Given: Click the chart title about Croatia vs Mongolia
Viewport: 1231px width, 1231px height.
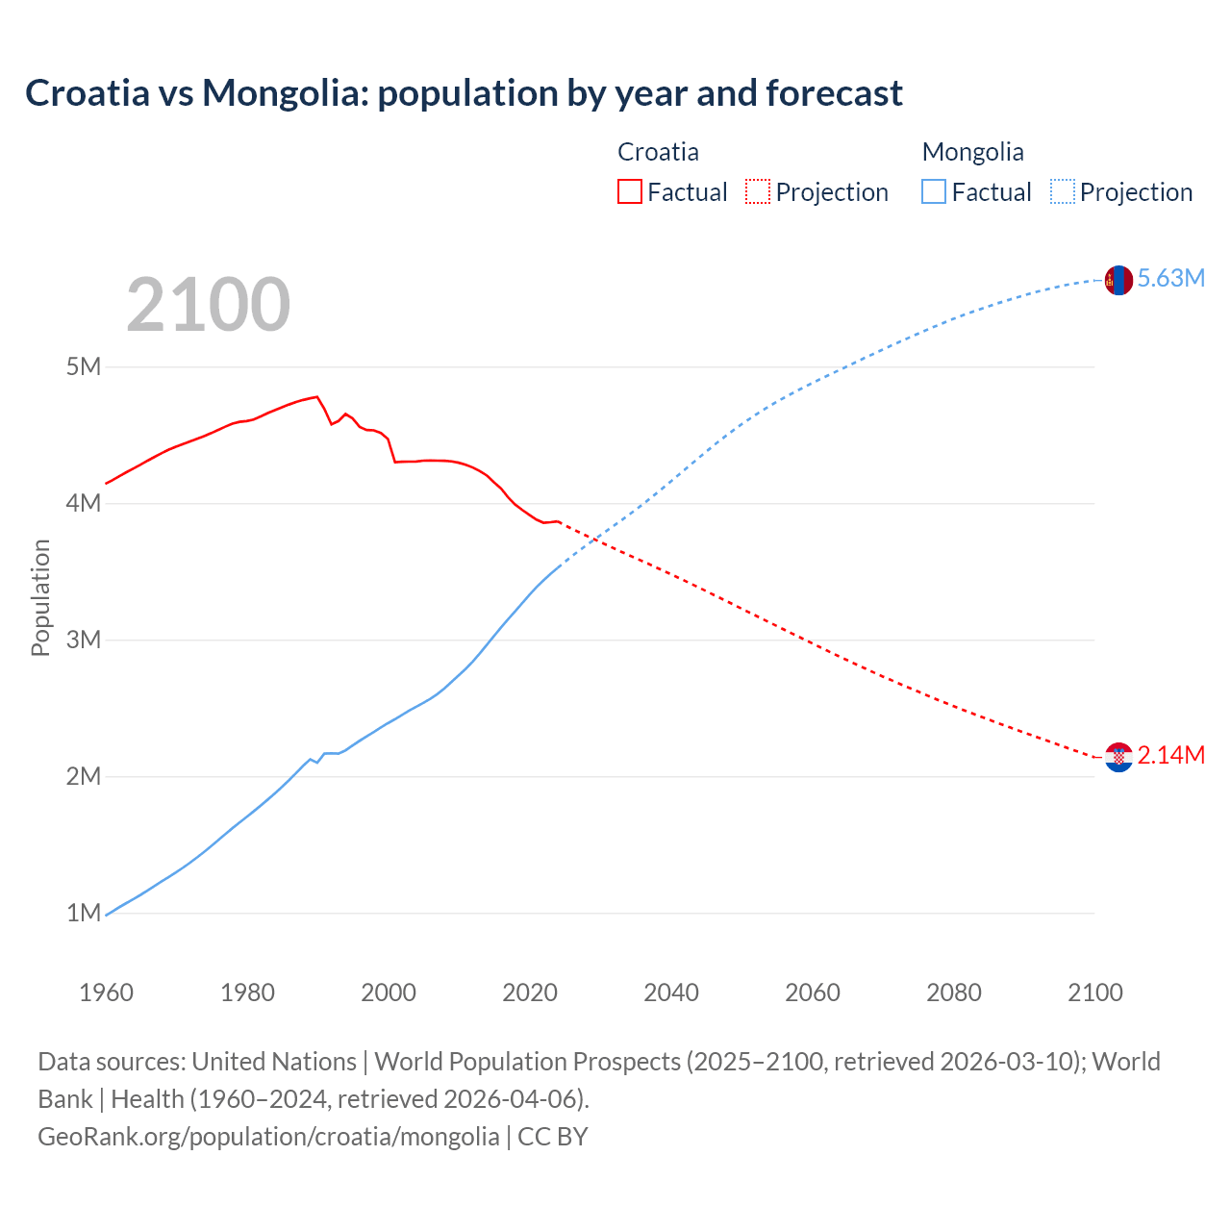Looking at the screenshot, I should [464, 93].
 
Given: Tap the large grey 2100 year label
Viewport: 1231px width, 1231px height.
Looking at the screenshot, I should [208, 305].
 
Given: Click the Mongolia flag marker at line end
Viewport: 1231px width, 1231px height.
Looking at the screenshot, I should [1118, 280].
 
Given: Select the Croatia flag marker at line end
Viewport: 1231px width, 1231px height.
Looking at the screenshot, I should [1118, 757].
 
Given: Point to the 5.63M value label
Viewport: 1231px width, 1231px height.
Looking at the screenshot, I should [1170, 279].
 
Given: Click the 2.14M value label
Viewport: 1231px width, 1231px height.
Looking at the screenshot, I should [1170, 756].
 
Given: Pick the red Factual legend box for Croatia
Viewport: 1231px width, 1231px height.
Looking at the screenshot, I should [630, 191].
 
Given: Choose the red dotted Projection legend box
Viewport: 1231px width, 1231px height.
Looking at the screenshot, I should [758, 191].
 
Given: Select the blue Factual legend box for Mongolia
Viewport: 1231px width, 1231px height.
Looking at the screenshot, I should [934, 191].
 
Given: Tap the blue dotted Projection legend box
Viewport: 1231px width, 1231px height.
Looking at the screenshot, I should [1063, 191].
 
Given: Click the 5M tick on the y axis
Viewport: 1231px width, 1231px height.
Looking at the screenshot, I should [84, 367].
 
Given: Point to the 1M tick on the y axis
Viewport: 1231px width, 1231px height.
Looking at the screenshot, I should [84, 913].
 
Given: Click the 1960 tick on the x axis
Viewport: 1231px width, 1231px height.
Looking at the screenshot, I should [106, 992].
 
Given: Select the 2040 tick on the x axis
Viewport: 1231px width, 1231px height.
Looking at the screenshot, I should [671, 992].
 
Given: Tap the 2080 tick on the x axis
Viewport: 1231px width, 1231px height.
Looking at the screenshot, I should [954, 992].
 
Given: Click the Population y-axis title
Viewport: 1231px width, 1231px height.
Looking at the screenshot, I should [40, 597].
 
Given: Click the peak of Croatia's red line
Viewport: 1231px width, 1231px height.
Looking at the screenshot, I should [316, 396].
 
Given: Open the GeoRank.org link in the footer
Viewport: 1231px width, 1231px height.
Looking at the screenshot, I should [268, 1137].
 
